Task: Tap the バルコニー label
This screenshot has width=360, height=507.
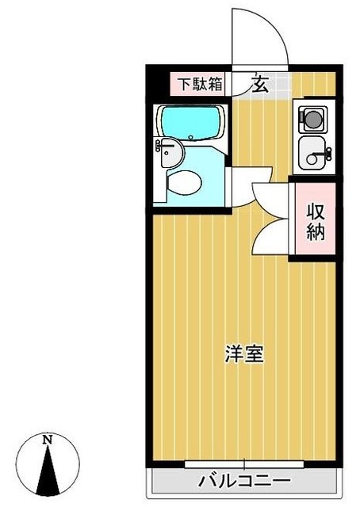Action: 244,481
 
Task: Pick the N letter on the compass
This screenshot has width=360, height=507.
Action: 48,439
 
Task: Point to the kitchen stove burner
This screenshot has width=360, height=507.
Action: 312,120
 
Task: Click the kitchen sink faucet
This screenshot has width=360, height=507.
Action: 324,155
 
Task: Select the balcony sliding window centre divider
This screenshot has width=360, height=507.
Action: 244,463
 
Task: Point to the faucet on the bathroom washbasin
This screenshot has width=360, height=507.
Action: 161,145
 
